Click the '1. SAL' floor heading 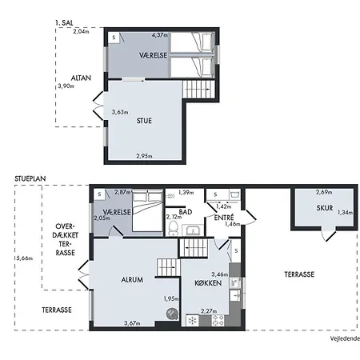[66, 22]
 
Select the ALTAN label [81, 78]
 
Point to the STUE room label [145, 120]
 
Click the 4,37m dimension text [162, 34]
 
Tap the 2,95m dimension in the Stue [145, 155]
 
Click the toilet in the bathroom [174, 228]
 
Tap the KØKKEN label [208, 283]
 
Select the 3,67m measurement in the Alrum [133, 323]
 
